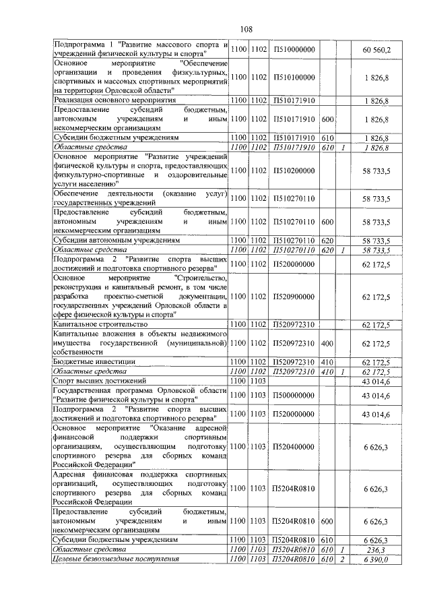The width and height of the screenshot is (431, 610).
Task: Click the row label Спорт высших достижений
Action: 99,381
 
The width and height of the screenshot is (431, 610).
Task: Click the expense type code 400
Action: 328,343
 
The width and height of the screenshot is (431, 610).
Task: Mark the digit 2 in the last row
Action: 343,559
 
